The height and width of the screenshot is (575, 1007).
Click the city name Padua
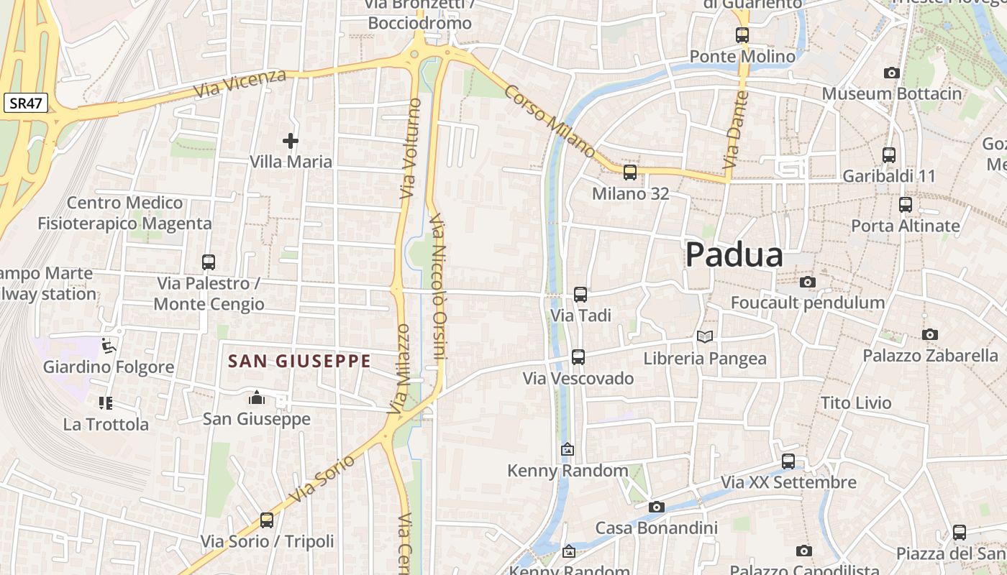[x=734, y=255]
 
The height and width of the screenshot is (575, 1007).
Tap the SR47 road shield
[x=26, y=103]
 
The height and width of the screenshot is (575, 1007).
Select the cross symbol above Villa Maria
[x=291, y=141]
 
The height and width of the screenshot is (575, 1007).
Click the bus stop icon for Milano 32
[x=630, y=172]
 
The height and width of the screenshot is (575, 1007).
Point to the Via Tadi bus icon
[x=580, y=294]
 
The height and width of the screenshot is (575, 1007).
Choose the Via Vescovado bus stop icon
[x=578, y=356]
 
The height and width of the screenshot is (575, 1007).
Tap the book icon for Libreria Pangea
[x=705, y=336]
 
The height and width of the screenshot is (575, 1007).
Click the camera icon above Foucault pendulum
[x=808, y=282]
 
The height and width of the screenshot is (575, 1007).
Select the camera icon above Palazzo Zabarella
[x=930, y=334]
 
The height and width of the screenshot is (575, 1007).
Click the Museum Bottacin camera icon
[x=891, y=73]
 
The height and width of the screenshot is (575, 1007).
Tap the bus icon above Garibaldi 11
[x=889, y=155]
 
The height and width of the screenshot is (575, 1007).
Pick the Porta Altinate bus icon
[x=906, y=205]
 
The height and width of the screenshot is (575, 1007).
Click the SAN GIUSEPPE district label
[x=299, y=361]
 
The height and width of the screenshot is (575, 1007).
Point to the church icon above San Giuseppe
[x=256, y=397]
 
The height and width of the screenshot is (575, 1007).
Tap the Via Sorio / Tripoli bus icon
[x=267, y=520]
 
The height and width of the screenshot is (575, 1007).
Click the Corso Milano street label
[x=550, y=121]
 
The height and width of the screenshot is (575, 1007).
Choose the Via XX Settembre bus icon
[x=788, y=461]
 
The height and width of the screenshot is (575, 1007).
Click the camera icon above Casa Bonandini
[x=656, y=507]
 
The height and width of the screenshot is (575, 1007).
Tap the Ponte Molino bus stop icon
[x=742, y=34]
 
